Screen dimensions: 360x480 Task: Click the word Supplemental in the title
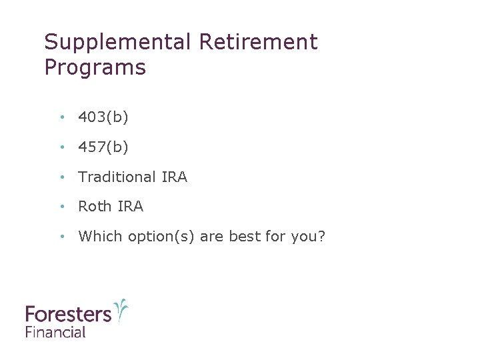pyautogui.click(x=118, y=43)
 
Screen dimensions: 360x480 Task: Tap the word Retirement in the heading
pyautogui.click(x=258, y=43)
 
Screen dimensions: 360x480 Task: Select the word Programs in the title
pyautogui.click(x=95, y=68)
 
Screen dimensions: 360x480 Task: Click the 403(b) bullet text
pyautogui.click(x=103, y=117)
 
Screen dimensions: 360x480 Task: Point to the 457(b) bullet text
pyautogui.click(x=103, y=147)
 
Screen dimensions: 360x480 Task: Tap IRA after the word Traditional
pyautogui.click(x=174, y=177)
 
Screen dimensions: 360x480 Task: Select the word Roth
pyautogui.click(x=95, y=207)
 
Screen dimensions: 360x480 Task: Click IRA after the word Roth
pyautogui.click(x=130, y=207)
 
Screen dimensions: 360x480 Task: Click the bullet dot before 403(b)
pyautogui.click(x=61, y=118)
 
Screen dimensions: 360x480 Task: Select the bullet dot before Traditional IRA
pyautogui.click(x=61, y=178)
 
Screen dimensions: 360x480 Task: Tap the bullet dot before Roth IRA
pyautogui.click(x=61, y=207)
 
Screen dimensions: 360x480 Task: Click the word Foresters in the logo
pyautogui.click(x=68, y=314)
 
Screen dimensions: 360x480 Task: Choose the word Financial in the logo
pyautogui.click(x=55, y=331)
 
